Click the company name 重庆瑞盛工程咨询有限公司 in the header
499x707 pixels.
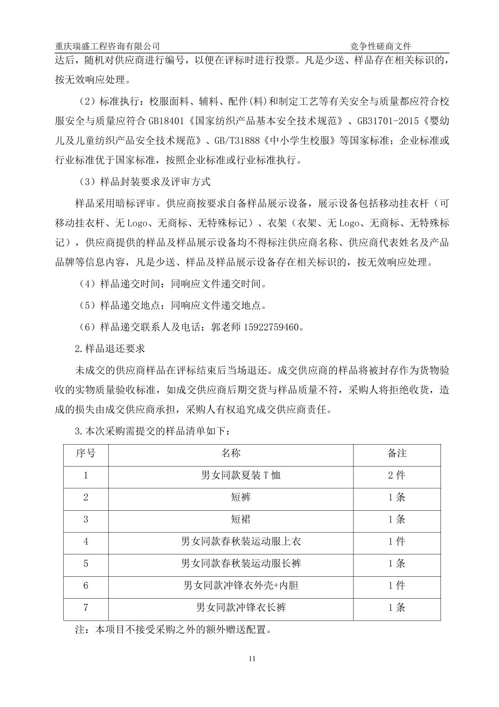tap(107, 46)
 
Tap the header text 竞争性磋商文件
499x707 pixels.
tap(381, 46)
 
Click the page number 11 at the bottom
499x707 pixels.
tap(252, 658)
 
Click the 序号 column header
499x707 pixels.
tap(85, 454)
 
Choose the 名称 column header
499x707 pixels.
tap(230, 454)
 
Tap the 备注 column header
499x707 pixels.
tap(397, 454)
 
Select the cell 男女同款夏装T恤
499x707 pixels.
tap(241, 475)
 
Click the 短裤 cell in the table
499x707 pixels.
tap(241, 497)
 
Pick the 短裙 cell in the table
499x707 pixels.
tap(241, 519)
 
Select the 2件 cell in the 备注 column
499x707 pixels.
tap(397, 475)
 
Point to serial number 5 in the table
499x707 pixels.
tap(85, 563)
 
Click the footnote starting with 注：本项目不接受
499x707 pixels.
tap(173, 630)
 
